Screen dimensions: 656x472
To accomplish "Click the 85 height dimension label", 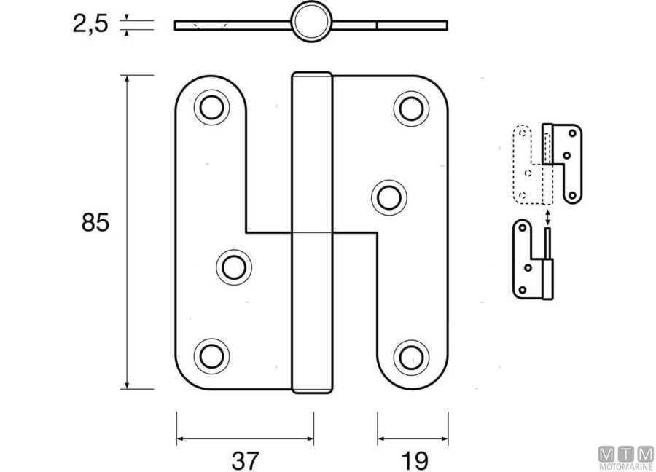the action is (x=95, y=222).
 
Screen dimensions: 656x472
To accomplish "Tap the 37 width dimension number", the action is (x=245, y=461).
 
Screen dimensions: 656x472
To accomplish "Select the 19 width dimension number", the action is (x=414, y=461).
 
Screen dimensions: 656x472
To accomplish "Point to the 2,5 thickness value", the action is (x=90, y=23).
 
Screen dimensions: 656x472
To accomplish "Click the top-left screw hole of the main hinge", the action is (x=211, y=108).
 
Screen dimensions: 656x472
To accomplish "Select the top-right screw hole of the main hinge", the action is (x=412, y=109).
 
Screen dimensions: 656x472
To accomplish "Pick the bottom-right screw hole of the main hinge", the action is (x=412, y=358).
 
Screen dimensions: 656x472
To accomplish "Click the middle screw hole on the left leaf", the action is (x=234, y=267).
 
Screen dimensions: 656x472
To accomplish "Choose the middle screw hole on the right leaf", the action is (x=389, y=197).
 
